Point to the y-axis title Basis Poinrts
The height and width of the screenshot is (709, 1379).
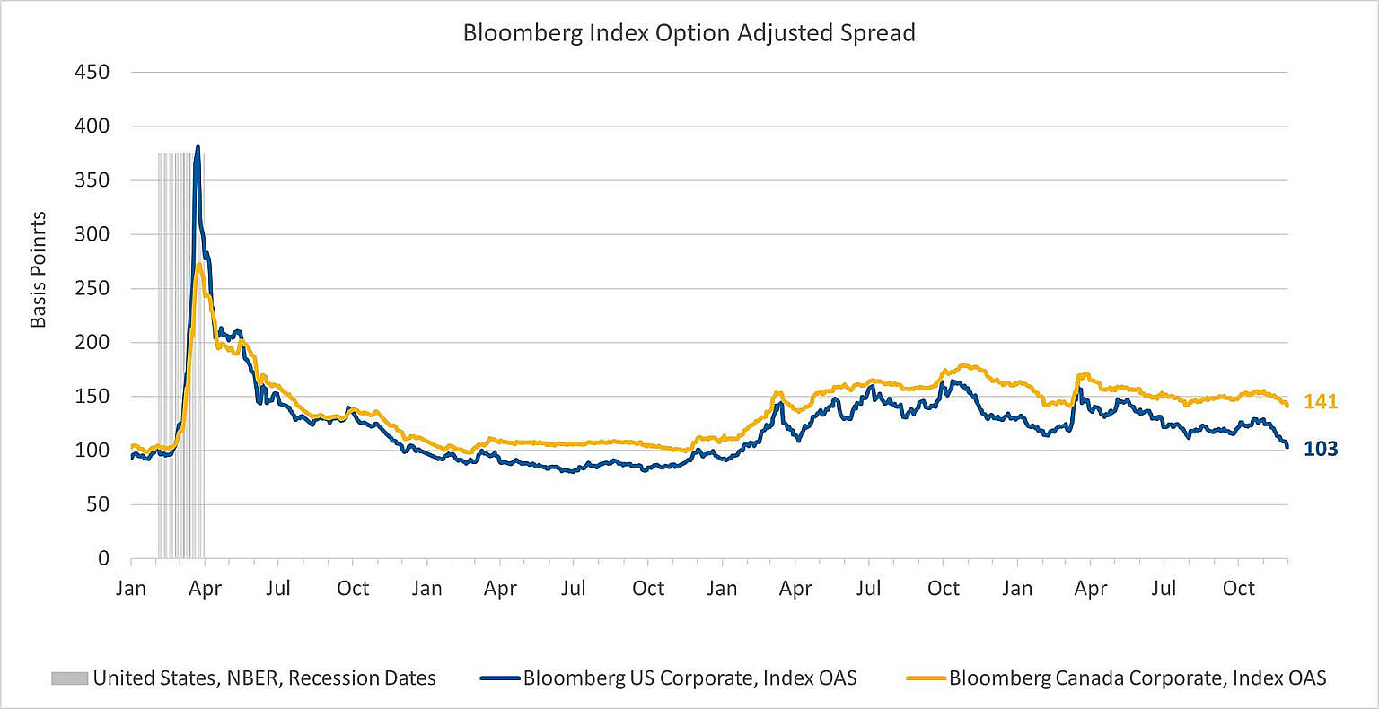(x=39, y=270)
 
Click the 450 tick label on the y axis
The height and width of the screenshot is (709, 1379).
(x=91, y=73)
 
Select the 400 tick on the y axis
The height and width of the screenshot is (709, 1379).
(x=91, y=127)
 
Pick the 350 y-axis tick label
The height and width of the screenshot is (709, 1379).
(x=91, y=180)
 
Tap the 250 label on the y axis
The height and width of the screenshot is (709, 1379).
(x=91, y=288)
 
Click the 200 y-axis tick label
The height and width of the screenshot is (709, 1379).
(x=91, y=342)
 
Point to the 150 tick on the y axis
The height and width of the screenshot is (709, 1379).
(x=91, y=396)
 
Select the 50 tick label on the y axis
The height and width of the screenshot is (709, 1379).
(x=96, y=504)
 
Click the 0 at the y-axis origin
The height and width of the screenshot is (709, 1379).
(x=102, y=558)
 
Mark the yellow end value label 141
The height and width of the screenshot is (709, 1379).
(x=1321, y=402)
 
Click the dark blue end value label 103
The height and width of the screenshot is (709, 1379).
(x=1321, y=449)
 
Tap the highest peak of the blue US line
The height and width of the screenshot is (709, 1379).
(x=198, y=147)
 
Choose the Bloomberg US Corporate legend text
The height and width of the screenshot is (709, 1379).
(x=689, y=678)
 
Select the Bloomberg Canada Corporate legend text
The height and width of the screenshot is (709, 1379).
(x=1137, y=678)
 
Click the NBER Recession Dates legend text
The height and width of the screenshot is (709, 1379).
(x=264, y=678)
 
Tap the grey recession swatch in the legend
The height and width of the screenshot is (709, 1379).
(x=69, y=678)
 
